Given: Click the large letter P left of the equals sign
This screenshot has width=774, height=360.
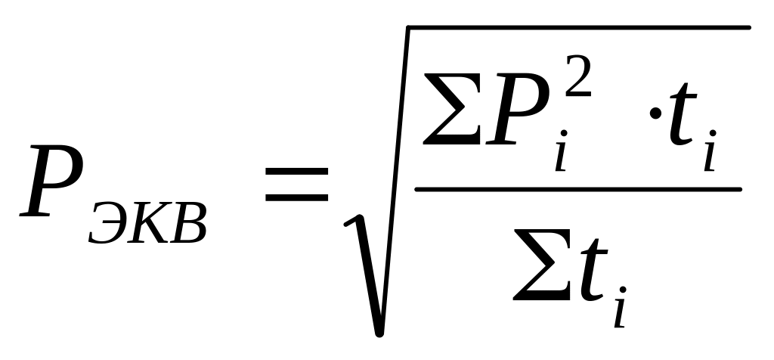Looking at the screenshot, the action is [51, 181].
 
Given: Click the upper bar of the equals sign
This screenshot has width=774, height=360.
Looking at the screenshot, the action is [296, 172].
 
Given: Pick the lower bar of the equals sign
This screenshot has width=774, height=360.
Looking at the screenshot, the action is [296, 197].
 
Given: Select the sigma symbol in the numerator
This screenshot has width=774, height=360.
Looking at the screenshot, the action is [451, 109].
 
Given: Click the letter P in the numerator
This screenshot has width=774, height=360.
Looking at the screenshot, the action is [516, 109].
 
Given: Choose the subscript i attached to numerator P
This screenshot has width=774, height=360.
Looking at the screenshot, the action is [562, 151].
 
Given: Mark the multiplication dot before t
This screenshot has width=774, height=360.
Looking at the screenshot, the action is [655, 113].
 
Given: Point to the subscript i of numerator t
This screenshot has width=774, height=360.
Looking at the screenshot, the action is [711, 151].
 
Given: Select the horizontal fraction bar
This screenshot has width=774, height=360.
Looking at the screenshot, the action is [578, 190].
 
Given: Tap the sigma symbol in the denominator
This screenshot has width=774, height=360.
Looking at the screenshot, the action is [541, 265].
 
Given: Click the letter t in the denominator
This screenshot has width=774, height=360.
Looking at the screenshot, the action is [593, 269].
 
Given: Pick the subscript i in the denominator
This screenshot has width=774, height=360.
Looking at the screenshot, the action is [621, 307].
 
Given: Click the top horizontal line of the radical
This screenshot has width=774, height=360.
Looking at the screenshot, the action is [578, 28].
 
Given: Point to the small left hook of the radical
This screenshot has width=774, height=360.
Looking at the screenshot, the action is [354, 221].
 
